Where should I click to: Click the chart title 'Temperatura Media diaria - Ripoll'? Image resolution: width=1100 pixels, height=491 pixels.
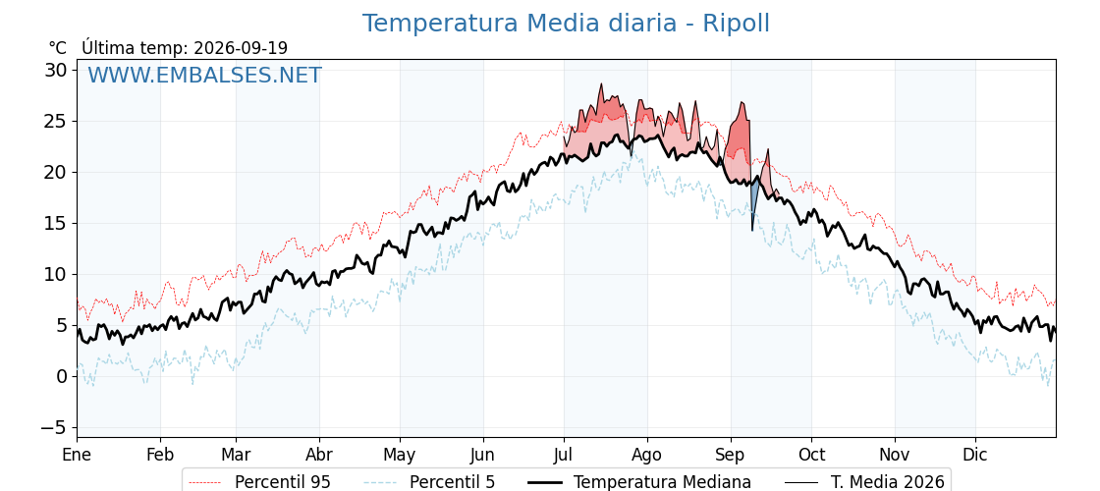566,24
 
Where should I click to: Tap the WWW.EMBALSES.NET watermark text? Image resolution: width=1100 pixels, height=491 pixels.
204,75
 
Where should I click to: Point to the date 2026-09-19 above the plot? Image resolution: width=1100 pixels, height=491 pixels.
241,48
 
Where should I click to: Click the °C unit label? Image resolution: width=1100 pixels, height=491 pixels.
58,48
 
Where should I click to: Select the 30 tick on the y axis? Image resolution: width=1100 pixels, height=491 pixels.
57,70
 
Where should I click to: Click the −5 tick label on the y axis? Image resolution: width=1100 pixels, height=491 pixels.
52,427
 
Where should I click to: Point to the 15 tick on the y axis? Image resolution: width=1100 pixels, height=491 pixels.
57,223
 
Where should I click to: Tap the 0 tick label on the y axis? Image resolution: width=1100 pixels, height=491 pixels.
62,377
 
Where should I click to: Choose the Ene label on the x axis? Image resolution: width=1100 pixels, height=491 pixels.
78,455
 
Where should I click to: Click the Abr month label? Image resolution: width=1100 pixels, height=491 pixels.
319,455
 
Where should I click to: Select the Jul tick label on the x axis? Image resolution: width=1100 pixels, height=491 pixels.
564,455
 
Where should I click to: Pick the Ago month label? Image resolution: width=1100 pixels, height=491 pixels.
647,456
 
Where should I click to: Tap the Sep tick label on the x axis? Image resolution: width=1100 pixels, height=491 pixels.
731,456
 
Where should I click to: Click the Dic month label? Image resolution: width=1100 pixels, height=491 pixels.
975,455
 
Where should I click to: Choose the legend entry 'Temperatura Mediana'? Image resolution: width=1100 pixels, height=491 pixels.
637,482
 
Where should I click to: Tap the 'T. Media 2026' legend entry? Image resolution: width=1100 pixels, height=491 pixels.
865,482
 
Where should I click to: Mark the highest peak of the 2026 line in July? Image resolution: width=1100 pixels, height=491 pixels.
601,84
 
